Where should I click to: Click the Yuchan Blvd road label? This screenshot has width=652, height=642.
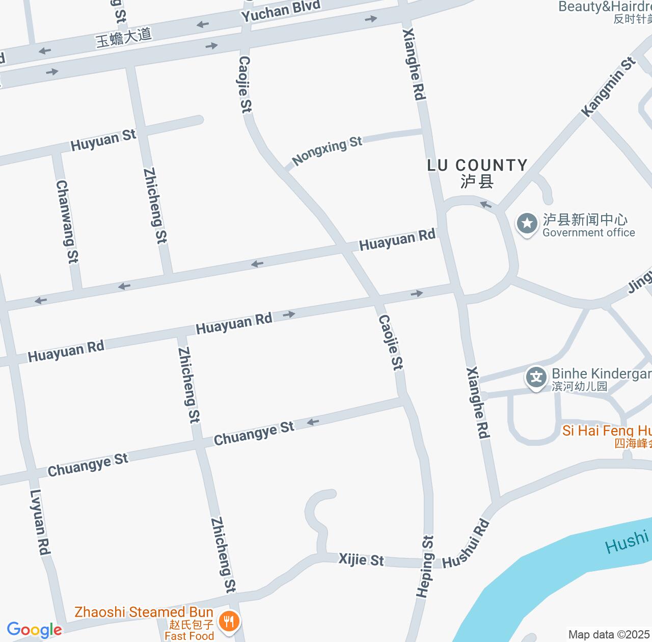[281, 11]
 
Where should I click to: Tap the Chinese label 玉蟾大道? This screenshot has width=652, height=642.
[124, 37]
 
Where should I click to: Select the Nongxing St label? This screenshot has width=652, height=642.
[327, 150]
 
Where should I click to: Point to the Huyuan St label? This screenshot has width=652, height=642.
[103, 140]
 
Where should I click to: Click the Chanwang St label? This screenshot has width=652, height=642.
[67, 221]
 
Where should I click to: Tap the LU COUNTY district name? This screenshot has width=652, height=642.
[477, 165]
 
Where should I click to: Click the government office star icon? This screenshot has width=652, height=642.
[527, 224]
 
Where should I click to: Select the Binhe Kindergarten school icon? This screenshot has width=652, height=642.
[536, 378]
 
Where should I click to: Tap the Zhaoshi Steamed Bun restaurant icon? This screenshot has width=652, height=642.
[229, 622]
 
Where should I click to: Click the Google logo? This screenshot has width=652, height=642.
[34, 630]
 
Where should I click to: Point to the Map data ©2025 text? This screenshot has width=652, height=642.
[609, 635]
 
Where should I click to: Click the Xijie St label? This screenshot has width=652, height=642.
[361, 559]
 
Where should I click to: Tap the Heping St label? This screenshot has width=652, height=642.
[425, 566]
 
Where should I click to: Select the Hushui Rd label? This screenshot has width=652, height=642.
[466, 544]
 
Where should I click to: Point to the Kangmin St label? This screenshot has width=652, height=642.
[609, 87]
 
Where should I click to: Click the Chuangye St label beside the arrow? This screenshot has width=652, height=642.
[254, 433]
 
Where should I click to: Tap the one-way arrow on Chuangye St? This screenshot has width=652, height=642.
[312, 422]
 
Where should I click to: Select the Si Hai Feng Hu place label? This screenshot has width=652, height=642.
[607, 431]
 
